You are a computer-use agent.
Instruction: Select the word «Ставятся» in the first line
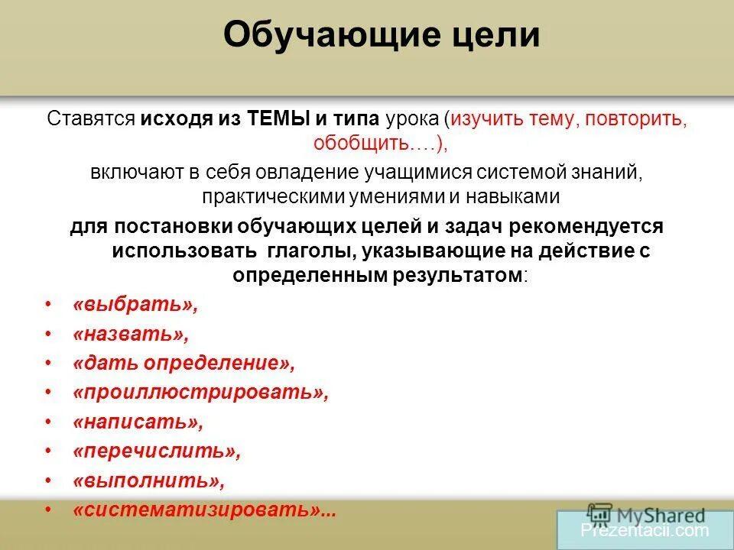(x=90, y=120)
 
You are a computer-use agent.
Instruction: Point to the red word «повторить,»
(x=639, y=120)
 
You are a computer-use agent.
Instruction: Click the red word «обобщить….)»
(x=366, y=143)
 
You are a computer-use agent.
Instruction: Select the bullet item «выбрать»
(x=135, y=305)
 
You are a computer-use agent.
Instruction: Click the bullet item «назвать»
(x=130, y=335)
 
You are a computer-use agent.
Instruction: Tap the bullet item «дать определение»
(x=183, y=364)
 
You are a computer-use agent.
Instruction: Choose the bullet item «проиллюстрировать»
(x=200, y=393)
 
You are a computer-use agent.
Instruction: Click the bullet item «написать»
(x=138, y=422)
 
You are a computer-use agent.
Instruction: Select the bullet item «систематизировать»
(x=203, y=510)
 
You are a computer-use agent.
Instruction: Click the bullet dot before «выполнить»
(x=49, y=481)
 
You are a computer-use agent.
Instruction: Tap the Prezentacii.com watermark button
(x=645, y=529)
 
